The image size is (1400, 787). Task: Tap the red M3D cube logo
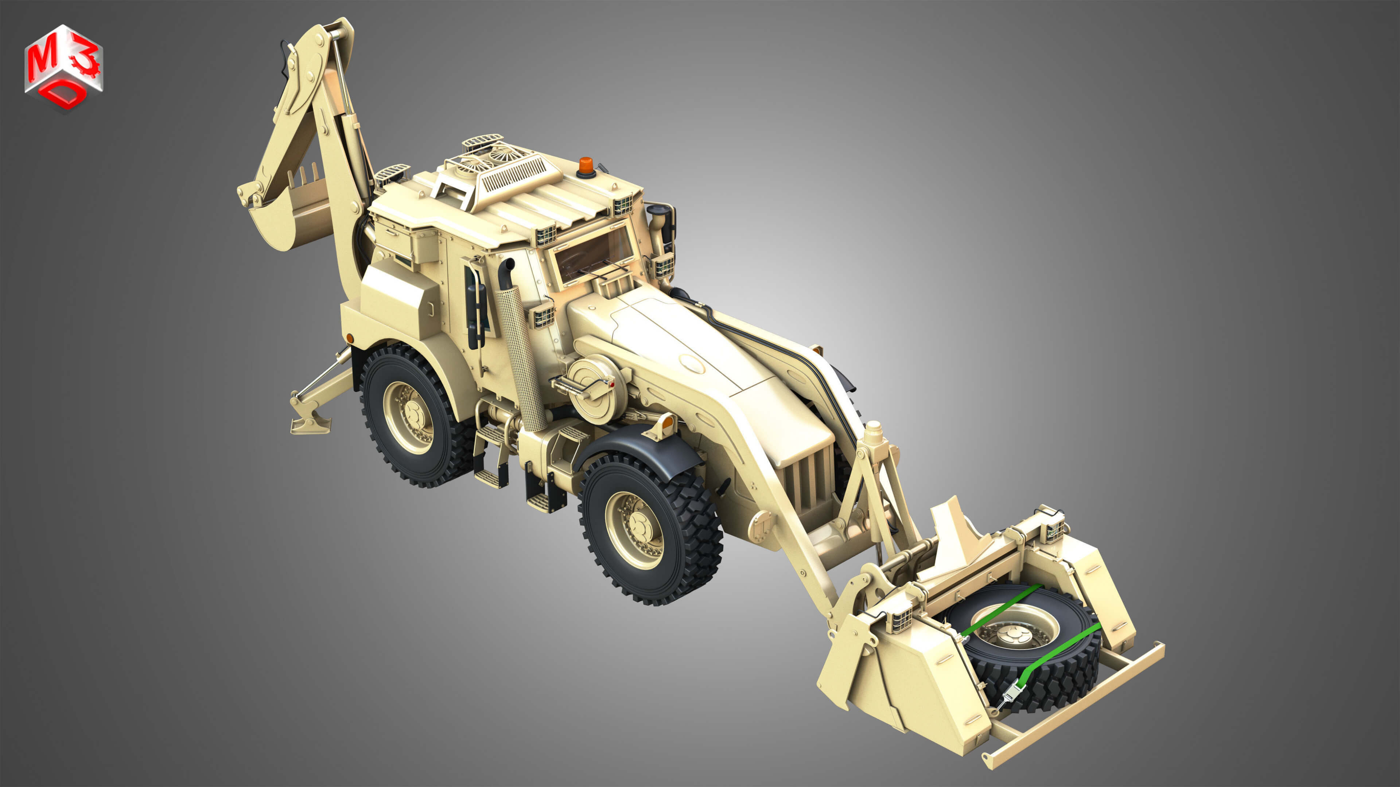pyautogui.click(x=63, y=67)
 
